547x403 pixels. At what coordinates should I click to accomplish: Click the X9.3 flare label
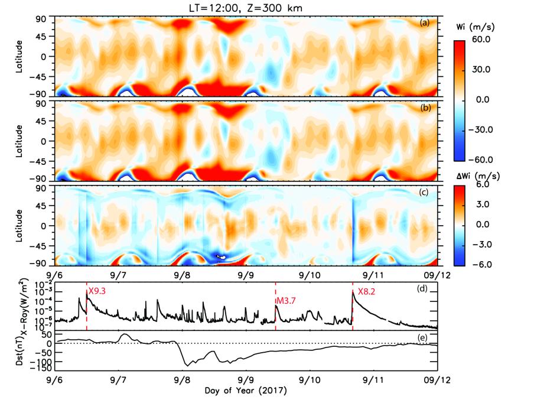tap(97, 291)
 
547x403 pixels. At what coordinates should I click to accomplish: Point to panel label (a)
tap(424, 22)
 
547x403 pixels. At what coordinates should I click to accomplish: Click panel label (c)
tap(424, 193)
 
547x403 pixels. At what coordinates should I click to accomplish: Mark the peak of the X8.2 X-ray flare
tap(353, 291)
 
